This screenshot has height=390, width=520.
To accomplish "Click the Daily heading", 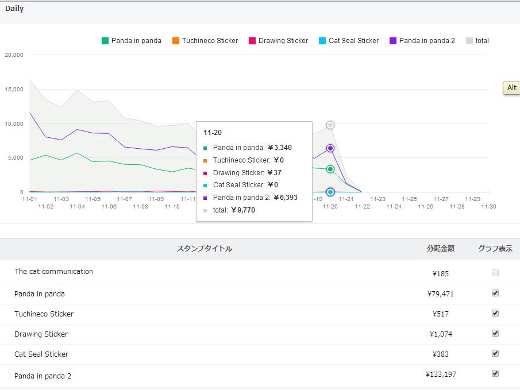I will pos(14,9).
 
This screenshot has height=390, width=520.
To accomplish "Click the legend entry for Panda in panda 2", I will pos(422,41).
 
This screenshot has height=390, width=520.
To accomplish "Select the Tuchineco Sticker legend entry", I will pos(205,41).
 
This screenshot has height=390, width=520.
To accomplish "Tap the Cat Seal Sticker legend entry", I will pos(349,41).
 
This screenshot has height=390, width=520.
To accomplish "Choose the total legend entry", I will pos(477,41).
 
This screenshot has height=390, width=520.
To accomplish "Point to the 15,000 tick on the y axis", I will pos(14,90).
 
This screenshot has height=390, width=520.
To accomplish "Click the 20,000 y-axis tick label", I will pos(14,55).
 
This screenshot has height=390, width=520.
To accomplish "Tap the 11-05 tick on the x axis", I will pos(93,199).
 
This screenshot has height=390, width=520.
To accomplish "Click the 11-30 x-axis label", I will pos(488,206).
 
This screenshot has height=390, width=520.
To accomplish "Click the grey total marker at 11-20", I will pos(330,125).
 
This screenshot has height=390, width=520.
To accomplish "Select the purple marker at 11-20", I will pos(330,148).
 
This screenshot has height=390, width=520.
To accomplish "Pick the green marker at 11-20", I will pos(330,169).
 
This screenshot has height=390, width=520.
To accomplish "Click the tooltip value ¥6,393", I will pos(285,198).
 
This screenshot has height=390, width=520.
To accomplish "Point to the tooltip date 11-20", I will pos(213,133).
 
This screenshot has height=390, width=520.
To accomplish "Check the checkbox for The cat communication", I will pos(495,273).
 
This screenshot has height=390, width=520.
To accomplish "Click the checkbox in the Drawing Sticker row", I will pos(495,334).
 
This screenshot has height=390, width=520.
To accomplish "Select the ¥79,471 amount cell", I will pos(441,294).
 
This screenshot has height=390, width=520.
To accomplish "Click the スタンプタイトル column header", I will pos(204,249).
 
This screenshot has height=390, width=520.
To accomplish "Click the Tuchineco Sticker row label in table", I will pos(44,314).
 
